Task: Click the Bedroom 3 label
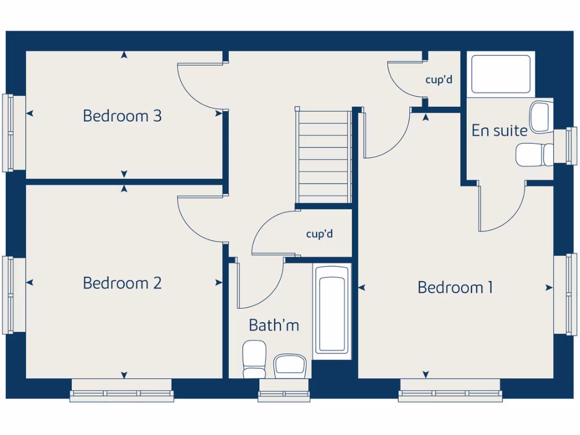(122, 116)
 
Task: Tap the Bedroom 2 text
(122, 283)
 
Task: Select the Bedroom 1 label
(455, 288)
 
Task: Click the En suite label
(500, 131)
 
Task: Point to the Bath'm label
(274, 325)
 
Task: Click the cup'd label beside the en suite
(439, 80)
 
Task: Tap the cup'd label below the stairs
(319, 234)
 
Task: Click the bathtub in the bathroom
(331, 310)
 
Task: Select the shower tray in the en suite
(501, 74)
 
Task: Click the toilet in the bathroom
(254, 359)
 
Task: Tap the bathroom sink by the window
(291, 365)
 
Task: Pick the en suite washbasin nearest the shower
(541, 117)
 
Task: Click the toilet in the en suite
(534, 154)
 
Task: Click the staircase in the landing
(323, 155)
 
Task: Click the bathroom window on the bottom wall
(284, 391)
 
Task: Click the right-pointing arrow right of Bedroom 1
(548, 288)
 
